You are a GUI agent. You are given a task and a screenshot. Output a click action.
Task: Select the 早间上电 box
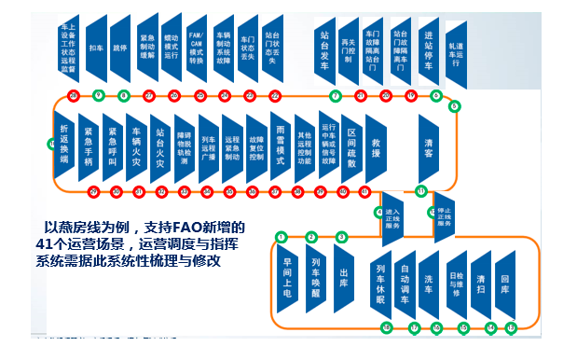point(288,277)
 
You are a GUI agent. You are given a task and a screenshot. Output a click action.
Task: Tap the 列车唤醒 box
point(316,277)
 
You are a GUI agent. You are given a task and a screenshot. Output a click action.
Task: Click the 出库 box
point(343,277)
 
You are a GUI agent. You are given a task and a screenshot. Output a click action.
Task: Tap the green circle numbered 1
point(281,237)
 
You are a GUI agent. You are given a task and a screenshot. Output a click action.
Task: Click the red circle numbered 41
point(138,191)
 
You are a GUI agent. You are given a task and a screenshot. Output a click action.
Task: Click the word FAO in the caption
point(184,227)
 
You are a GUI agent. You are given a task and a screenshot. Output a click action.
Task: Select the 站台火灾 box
point(161,144)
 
